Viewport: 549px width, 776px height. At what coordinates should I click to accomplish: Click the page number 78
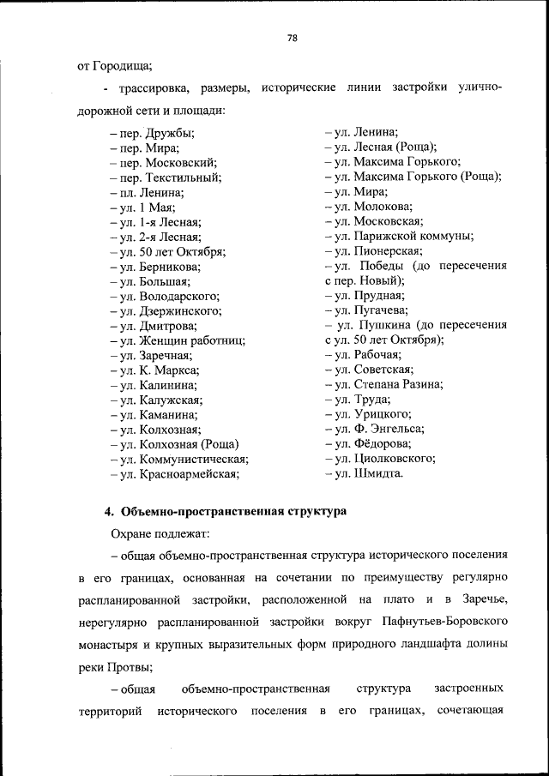point(292,38)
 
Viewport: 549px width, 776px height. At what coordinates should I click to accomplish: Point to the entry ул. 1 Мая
point(142,207)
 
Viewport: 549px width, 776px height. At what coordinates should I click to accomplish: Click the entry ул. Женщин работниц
point(178,340)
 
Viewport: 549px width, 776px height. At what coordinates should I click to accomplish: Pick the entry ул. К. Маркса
point(155,370)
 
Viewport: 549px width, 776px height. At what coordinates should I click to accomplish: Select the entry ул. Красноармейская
point(175,473)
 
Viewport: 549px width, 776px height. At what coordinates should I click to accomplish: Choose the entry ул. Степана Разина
point(384,384)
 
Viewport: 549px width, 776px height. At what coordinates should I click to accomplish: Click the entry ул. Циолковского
point(382,458)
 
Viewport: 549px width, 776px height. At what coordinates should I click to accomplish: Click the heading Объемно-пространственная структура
point(234,512)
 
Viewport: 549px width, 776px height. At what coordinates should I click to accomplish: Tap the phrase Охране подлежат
point(154,532)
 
